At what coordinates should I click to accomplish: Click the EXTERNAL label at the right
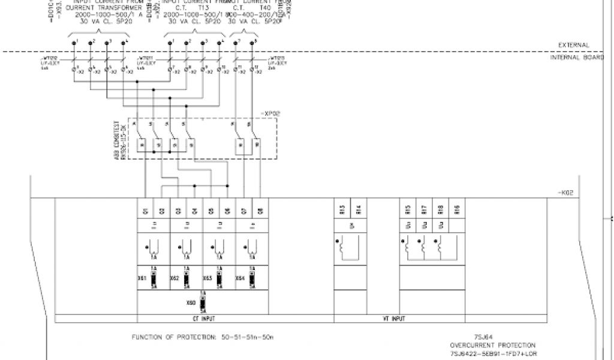point(574,45)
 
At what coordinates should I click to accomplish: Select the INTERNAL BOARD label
point(573,58)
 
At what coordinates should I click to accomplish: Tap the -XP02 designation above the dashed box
point(271,113)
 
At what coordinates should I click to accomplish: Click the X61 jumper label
point(143,279)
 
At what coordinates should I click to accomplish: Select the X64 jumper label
point(240,279)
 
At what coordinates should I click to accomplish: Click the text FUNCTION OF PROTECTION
point(173,337)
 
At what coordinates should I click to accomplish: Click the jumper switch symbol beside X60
point(202,304)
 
